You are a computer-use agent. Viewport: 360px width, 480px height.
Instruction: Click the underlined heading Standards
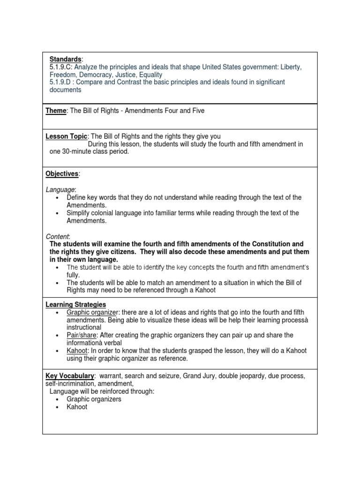coord(65,60)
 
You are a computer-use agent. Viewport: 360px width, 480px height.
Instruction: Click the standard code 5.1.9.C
coord(61,67)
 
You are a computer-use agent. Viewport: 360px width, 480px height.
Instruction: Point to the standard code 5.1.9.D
coord(61,82)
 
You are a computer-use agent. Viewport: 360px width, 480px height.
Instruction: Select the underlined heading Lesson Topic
coord(66,136)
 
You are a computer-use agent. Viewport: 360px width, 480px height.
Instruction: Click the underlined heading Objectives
coord(62,174)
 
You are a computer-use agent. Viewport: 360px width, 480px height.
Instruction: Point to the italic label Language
coord(60,189)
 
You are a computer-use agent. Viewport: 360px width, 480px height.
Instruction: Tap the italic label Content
coord(57,236)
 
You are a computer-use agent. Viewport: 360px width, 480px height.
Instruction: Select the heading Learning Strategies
coord(75,305)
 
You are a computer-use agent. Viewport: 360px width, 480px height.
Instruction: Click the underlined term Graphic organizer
coord(93,312)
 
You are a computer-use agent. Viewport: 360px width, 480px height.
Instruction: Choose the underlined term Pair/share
coord(82,335)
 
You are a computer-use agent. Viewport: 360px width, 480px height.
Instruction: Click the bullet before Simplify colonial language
coord(57,213)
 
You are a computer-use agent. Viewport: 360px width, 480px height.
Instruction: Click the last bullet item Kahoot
coord(77,407)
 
